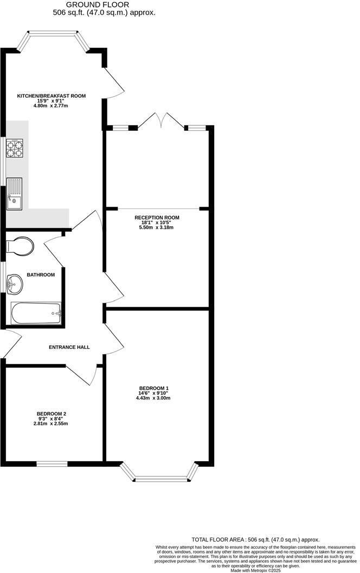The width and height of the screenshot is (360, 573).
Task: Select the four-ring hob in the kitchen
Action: coord(16,148)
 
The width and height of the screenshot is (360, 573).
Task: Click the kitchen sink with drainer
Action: coord(14,194)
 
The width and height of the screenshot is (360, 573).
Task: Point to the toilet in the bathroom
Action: coord(20,246)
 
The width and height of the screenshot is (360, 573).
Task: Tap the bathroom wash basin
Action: coord(15,283)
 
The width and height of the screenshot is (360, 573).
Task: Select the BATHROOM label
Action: coord(41,275)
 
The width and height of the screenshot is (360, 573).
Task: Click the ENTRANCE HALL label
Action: coord(69,347)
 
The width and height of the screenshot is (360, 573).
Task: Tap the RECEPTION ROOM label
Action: coord(157,218)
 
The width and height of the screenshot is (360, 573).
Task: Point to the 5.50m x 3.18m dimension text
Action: coord(157,227)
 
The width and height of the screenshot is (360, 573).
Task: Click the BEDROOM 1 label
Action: coord(153,388)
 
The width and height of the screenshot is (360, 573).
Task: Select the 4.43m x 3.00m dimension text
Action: coord(153,398)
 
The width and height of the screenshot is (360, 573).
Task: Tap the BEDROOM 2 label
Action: coord(52,413)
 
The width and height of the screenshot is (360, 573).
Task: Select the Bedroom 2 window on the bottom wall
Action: coord(52,463)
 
